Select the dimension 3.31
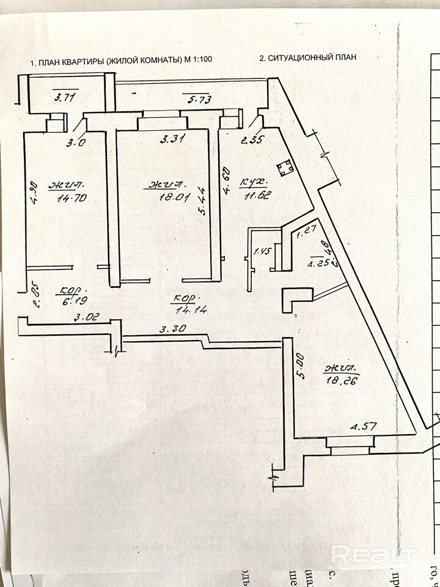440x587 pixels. pyautogui.click(x=172, y=139)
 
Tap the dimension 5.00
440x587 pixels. pyautogui.click(x=300, y=366)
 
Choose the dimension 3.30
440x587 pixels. pyautogui.click(x=172, y=329)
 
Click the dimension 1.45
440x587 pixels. pyautogui.click(x=262, y=251)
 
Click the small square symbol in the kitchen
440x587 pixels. pyautogui.click(x=284, y=168)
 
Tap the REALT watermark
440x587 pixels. pyautogui.click(x=373, y=554)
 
